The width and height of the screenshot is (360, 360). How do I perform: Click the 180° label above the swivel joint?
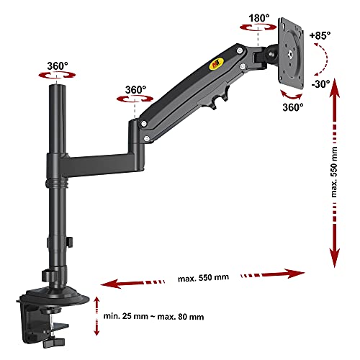259,18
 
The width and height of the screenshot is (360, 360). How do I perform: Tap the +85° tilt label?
320,36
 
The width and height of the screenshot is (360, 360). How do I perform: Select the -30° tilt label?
320,84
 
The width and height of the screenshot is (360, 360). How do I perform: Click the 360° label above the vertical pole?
58,66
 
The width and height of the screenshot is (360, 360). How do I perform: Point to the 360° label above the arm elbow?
135,90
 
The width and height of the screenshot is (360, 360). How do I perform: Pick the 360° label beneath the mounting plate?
293,107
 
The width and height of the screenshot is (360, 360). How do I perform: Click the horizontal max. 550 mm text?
203,278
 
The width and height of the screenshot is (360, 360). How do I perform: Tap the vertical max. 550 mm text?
334,172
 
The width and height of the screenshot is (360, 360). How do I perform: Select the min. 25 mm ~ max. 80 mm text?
153,316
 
